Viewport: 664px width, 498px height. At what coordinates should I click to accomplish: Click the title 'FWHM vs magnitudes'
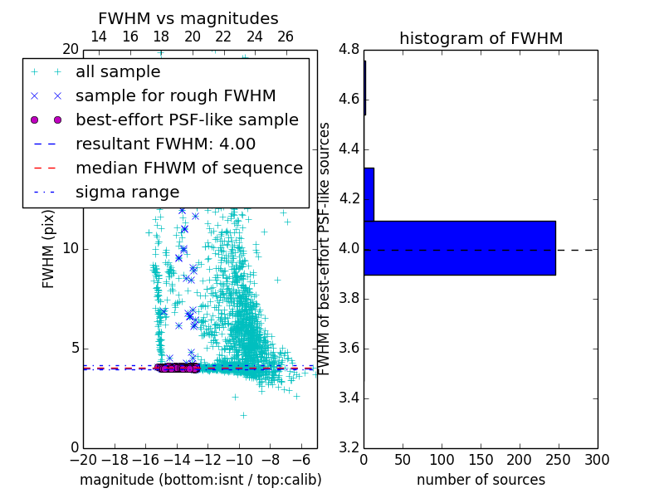coord(188,18)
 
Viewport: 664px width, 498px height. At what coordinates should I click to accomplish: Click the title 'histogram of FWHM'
coord(481,38)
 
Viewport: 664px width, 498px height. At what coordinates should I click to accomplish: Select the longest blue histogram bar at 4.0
coord(459,247)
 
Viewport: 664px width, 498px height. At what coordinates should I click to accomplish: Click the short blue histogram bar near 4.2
coord(369,194)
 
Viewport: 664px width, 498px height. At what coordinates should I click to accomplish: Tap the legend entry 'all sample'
coord(118,71)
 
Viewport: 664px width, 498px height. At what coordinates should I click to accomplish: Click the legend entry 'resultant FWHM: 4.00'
coord(165,144)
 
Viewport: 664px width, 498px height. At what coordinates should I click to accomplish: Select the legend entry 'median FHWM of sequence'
coord(188,168)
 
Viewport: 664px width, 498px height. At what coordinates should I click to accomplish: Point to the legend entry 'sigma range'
coord(127,192)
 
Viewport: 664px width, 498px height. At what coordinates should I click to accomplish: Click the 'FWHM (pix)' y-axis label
coord(49,248)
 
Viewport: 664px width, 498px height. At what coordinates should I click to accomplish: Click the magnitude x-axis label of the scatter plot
coord(200,480)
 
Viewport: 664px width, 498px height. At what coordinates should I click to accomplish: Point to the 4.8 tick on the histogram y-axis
coord(349,50)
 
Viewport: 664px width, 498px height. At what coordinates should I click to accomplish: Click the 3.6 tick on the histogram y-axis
coord(349,349)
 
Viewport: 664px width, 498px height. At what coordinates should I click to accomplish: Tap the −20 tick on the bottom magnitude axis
coord(83,460)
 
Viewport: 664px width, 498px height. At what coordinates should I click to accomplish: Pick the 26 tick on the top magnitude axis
coord(286,37)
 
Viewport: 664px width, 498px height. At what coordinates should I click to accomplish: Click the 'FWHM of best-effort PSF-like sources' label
coord(325,248)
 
